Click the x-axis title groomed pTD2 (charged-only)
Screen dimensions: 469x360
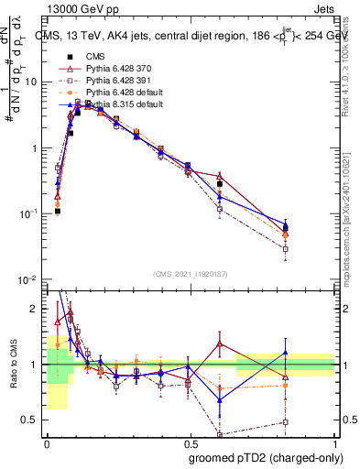(x=265, y=457)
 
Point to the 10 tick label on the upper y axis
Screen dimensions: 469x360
(x=31, y=82)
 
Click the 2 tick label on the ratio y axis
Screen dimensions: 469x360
(x=35, y=309)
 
